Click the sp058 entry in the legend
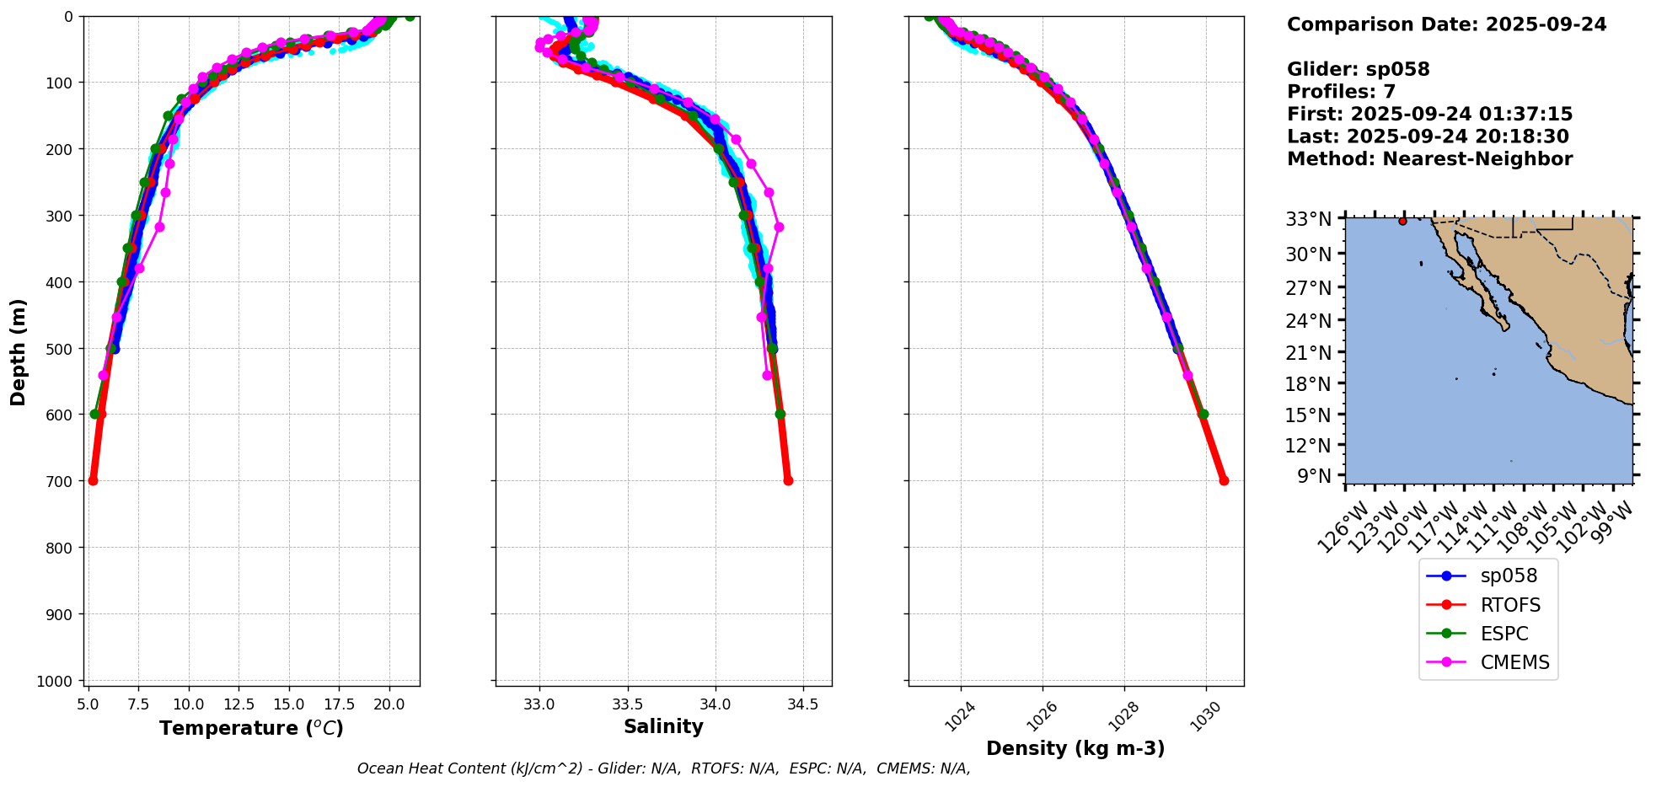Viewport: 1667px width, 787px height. pos(1508,576)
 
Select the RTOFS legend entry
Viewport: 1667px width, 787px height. pos(1509,605)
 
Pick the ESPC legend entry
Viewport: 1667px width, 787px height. pos(1504,634)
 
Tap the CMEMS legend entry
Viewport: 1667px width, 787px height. pos(1514,662)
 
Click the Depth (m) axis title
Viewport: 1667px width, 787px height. pos(18,351)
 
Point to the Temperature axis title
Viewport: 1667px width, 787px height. pos(251,728)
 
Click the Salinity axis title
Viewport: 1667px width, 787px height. pos(663,726)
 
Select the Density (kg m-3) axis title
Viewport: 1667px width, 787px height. pos(1075,748)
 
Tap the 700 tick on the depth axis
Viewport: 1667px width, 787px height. pos(59,481)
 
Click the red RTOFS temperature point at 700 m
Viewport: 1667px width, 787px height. pos(93,480)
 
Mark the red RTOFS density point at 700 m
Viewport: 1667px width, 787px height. pos(1224,480)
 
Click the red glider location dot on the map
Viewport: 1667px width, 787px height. pos(1402,221)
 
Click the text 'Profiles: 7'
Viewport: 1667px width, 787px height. pos(1341,92)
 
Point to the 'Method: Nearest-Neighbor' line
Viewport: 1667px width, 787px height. pos(1429,159)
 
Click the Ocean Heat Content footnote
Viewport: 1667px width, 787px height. pos(663,768)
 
